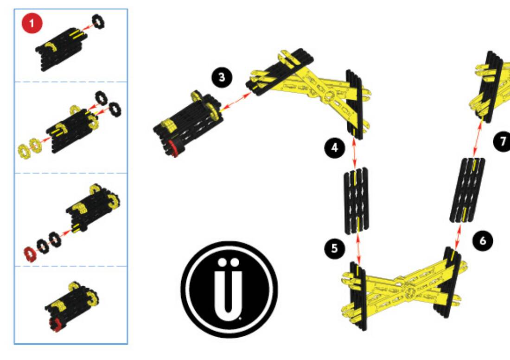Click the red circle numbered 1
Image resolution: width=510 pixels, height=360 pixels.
pos(32,23)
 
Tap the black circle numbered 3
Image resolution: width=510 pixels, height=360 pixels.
pos(222,77)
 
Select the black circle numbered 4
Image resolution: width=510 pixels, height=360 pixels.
pos(335,148)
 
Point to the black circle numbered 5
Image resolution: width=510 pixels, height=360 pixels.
pos(335,249)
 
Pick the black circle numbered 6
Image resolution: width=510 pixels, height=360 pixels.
pos(483,241)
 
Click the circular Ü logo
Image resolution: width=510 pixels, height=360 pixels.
pos(229,289)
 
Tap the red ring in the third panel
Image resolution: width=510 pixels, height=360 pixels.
pos(30,254)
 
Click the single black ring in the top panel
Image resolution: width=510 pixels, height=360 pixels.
pos(98,21)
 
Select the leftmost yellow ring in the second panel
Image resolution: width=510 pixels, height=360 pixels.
pos(24,151)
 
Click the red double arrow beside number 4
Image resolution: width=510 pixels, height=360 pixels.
pos(355,153)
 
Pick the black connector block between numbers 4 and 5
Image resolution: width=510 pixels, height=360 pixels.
pos(357,200)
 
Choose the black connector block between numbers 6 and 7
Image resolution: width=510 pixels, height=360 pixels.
pos(467,190)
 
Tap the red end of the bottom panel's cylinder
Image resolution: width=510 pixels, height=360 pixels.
pos(55,325)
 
